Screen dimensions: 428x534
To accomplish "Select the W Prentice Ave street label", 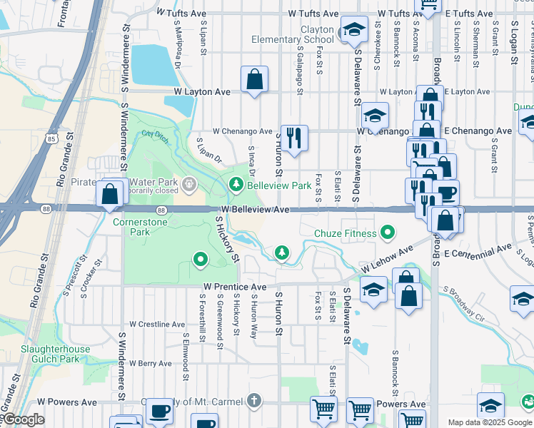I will pyautogui.click(x=234, y=287).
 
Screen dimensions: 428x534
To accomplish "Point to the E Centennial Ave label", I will pyautogui.click(x=478, y=250).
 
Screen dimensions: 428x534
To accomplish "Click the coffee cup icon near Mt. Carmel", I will pyautogui.click(x=160, y=411).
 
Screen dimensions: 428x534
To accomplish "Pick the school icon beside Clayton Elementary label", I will pyautogui.click(x=353, y=29).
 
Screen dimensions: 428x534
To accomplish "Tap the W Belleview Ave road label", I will pyautogui.click(x=255, y=210).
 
